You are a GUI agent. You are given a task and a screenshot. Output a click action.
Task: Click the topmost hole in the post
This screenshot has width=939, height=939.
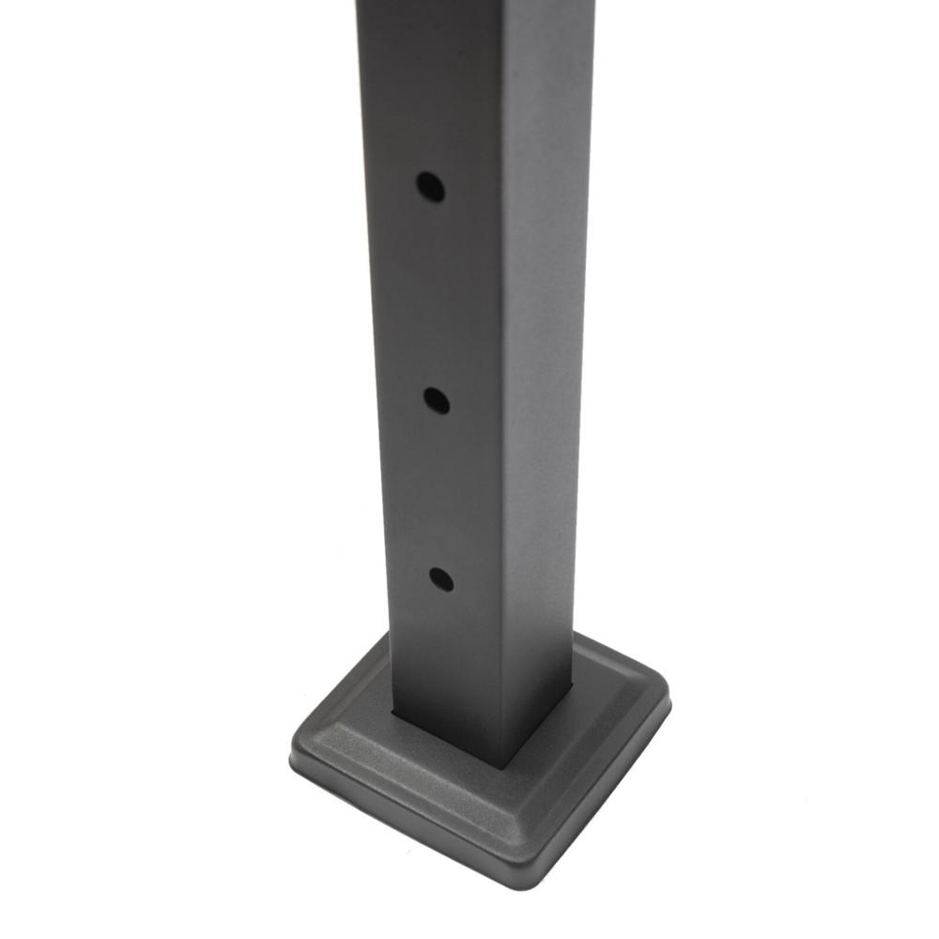tap(431, 187)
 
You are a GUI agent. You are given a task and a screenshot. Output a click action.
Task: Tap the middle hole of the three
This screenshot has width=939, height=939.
tap(436, 401)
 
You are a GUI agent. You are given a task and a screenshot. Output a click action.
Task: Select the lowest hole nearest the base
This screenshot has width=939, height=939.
tap(440, 579)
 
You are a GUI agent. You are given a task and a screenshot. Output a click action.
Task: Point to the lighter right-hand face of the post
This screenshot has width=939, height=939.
tap(540, 376)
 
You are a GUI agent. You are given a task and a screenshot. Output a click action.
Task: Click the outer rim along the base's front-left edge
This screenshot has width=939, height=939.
tap(404, 831)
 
